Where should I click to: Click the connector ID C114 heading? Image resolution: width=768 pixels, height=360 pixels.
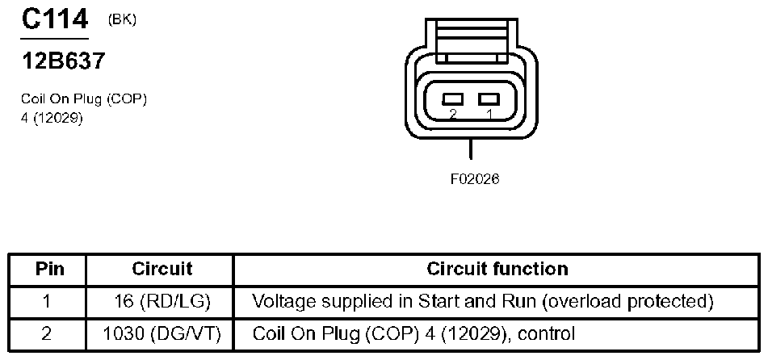pos(54,20)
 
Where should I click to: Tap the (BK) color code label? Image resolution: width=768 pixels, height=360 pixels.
pos(122,20)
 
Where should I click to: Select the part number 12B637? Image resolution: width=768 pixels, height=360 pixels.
pos(63,61)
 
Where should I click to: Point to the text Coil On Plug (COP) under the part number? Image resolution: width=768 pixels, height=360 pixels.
pos(84,99)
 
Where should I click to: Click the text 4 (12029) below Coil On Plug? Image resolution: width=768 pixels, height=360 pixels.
pos(52,116)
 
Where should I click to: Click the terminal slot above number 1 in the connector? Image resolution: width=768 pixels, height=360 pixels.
pos(487,98)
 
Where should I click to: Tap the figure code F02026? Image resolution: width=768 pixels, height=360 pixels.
pos(474,179)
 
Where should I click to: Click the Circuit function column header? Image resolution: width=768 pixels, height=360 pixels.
pos(497,269)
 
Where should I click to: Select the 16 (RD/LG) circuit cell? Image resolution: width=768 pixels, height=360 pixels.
pos(162,302)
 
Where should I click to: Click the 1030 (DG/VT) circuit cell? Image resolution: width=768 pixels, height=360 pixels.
pos(162,333)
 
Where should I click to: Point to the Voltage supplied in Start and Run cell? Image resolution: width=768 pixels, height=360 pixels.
pos(483,302)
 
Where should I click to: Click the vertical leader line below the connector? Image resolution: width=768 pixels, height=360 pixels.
pos(470,149)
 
